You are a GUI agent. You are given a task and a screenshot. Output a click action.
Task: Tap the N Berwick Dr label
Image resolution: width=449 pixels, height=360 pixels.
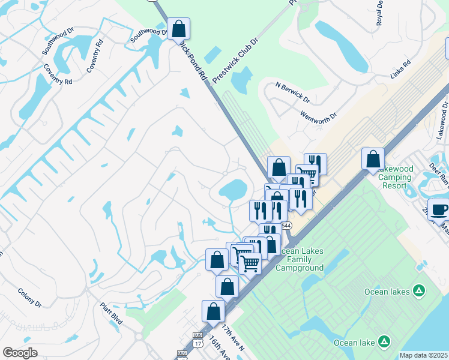click(292, 92)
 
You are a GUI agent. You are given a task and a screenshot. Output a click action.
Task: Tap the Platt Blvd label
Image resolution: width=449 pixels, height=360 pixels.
click(112, 313)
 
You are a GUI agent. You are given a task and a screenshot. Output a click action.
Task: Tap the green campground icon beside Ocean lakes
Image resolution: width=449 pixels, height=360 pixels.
click(420, 292)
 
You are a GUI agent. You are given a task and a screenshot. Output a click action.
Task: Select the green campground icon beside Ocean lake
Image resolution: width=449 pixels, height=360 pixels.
click(384, 343)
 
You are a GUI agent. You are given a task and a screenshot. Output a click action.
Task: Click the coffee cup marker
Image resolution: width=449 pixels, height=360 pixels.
click(439, 210)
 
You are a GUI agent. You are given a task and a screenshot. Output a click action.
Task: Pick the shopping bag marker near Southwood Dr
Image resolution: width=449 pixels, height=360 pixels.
click(178, 29)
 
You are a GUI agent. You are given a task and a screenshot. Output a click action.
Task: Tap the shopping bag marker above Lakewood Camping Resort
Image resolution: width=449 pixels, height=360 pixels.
click(373, 159)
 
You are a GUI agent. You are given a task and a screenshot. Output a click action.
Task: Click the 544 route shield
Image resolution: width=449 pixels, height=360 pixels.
click(287, 226)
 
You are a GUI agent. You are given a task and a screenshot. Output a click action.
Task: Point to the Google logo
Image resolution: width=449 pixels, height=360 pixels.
click(20, 353)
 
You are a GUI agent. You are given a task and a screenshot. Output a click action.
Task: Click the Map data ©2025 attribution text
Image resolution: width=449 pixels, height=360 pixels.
click(423, 355)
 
